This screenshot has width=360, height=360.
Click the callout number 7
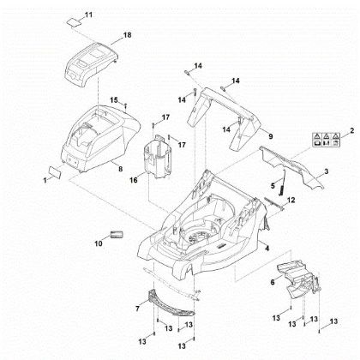point(137,306)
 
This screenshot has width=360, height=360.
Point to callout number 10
point(97,243)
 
